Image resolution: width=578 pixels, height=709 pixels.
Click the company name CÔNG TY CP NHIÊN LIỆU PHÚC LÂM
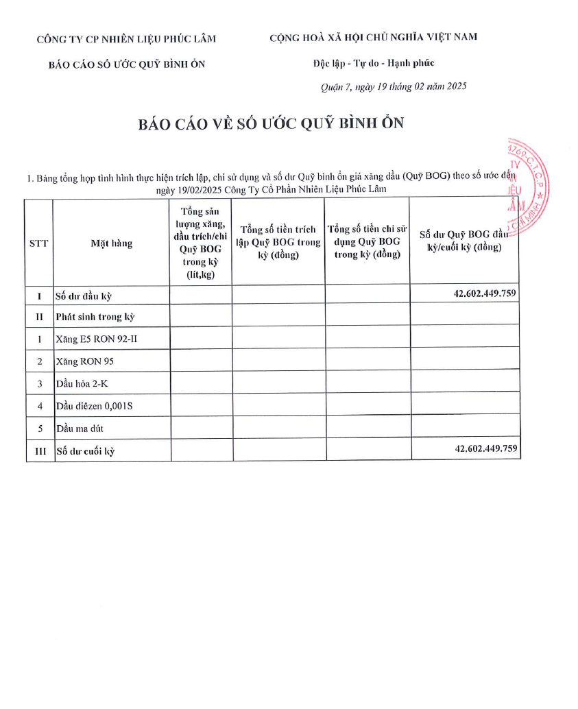(x=126, y=39)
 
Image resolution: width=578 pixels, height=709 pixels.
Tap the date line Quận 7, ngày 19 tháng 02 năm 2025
(x=394, y=86)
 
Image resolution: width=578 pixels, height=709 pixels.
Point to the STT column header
(x=39, y=243)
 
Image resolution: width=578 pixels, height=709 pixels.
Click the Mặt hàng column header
(x=111, y=243)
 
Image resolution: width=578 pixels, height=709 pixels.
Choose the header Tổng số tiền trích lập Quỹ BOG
(x=278, y=242)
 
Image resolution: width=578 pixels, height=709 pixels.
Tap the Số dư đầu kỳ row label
(x=84, y=296)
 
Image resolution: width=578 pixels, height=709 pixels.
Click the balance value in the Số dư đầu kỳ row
(x=485, y=293)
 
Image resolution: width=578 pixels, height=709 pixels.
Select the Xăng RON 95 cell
(x=82, y=361)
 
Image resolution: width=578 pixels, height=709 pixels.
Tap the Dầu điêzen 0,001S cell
(x=94, y=406)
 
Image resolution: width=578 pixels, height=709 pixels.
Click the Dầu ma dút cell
(x=80, y=429)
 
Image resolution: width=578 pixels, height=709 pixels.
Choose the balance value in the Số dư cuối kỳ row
(x=485, y=448)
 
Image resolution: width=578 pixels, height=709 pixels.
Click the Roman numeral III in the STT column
(x=40, y=451)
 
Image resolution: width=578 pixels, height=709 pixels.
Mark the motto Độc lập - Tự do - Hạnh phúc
(x=374, y=63)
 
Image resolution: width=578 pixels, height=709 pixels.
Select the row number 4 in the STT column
(x=40, y=406)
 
